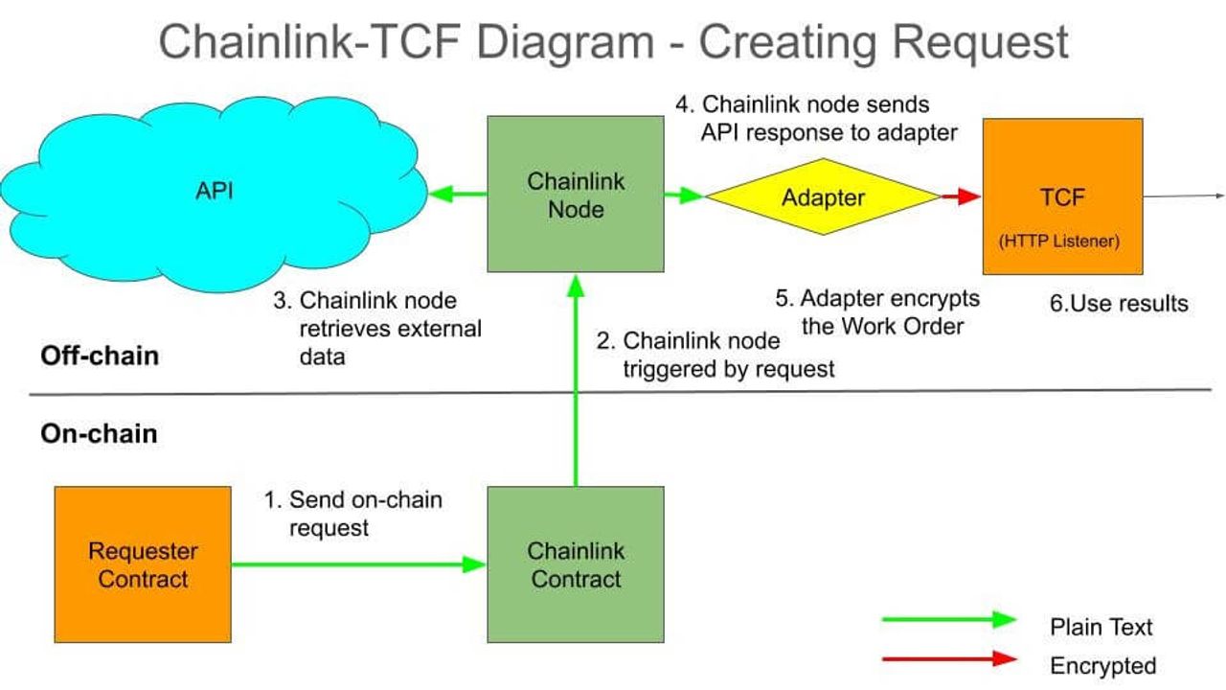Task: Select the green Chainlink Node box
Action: point(575,195)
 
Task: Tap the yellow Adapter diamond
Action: point(823,196)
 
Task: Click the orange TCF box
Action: point(1062,196)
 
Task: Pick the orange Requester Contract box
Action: point(143,564)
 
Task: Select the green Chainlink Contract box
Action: point(575,564)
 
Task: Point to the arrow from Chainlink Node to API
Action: point(458,195)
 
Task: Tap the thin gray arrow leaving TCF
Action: point(1184,195)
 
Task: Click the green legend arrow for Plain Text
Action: point(948,620)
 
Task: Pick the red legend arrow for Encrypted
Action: point(948,659)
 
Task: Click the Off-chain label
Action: point(100,356)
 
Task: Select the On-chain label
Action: point(99,433)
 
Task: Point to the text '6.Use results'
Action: point(1119,304)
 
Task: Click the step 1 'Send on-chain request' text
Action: point(354,514)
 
